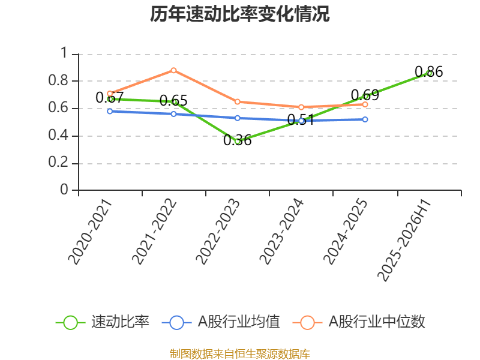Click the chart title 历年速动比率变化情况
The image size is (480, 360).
(x=239, y=14)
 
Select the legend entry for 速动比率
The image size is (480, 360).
(x=103, y=322)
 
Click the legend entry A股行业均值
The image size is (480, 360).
(x=221, y=322)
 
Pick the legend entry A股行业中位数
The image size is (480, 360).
(x=359, y=322)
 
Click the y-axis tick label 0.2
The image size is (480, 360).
(x=58, y=162)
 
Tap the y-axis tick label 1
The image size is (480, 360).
(x=64, y=53)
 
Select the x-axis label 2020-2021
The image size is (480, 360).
(x=89, y=232)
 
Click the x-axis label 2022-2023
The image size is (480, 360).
(x=217, y=232)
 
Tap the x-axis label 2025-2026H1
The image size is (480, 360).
(x=404, y=241)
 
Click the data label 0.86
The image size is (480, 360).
(x=429, y=72)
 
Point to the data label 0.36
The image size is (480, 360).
(x=238, y=140)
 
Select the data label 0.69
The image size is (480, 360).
(x=365, y=95)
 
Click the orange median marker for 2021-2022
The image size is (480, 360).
(x=173, y=70)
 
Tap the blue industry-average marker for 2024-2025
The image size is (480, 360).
(x=365, y=119)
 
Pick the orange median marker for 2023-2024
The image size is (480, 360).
(x=301, y=107)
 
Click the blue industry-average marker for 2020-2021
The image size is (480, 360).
(x=110, y=111)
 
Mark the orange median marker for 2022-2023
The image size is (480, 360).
(x=238, y=101)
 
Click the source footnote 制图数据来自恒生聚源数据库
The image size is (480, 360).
(x=239, y=354)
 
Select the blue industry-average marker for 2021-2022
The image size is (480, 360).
(x=173, y=114)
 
